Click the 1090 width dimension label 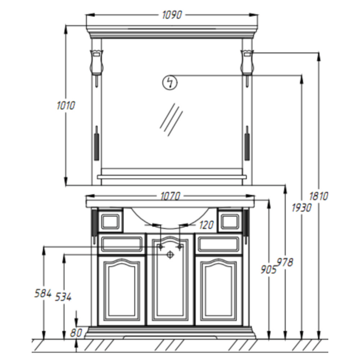(172, 15)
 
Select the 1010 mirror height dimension (66, 105)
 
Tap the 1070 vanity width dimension (170, 197)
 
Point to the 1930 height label (301, 208)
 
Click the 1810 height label (319, 197)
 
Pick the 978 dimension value (285, 262)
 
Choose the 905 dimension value (269, 269)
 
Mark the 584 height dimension (43, 293)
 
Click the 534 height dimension (63, 297)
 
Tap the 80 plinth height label (76, 333)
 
